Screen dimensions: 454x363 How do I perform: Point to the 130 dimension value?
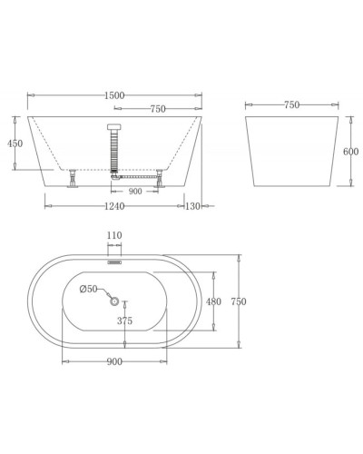(x=193, y=206)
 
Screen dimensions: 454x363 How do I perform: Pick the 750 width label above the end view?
(x=292, y=105)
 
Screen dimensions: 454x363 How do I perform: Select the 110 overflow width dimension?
(x=113, y=237)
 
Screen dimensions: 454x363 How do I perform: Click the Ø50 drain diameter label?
(x=89, y=290)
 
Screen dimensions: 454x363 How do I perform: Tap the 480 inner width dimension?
(x=214, y=301)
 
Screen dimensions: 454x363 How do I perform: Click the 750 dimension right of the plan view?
(x=239, y=301)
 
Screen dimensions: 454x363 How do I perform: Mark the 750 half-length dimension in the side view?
(x=156, y=109)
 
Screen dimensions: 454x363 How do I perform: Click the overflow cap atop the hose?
(x=113, y=124)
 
